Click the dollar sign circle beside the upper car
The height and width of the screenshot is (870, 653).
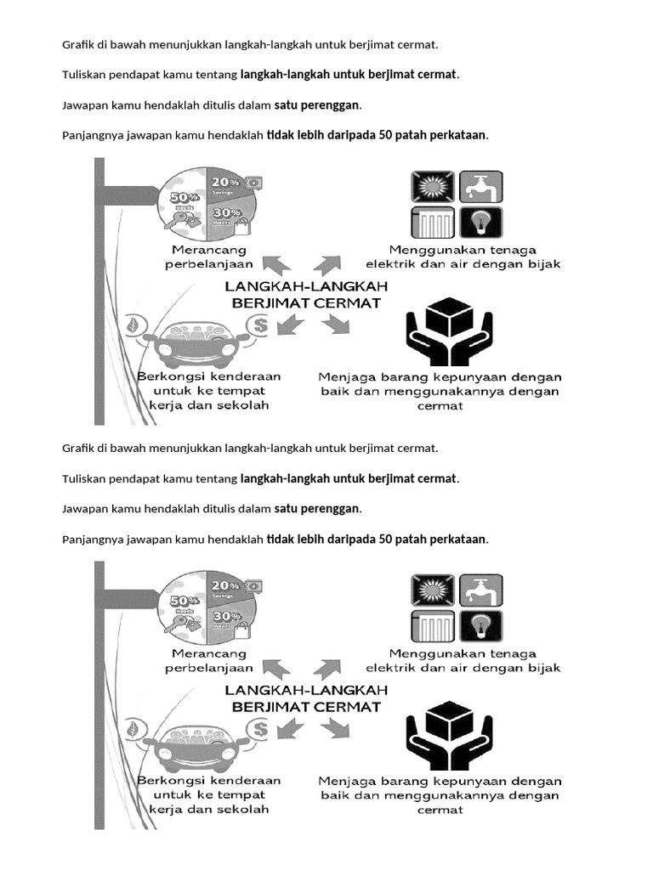pyautogui.click(x=258, y=324)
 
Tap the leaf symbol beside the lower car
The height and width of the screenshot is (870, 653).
pyautogui.click(x=133, y=728)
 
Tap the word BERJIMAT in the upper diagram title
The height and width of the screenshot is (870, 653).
pyautogui.click(x=263, y=302)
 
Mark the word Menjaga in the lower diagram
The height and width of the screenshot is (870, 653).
pyautogui.click(x=344, y=780)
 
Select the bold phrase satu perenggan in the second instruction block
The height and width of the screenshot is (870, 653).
pyautogui.click(x=317, y=508)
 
